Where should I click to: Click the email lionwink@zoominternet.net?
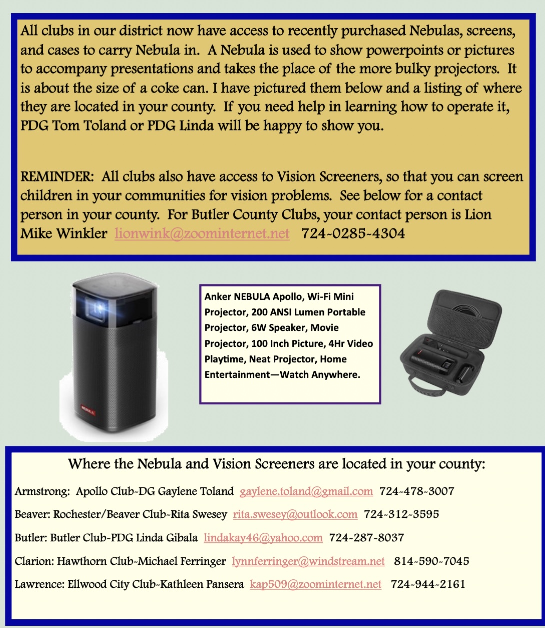[202, 233]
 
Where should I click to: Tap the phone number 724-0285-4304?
[353, 233]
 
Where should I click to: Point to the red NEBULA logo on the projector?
[88, 406]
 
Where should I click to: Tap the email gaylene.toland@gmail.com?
[306, 491]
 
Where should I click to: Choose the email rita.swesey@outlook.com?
[295, 514]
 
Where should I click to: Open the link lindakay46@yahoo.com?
[263, 538]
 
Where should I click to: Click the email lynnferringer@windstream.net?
[308, 561]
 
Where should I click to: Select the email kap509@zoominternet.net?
[315, 584]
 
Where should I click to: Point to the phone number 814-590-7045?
[431, 561]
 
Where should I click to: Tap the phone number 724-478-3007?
[417, 491]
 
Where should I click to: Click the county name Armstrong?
[42, 491]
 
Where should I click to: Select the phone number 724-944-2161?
[428, 584]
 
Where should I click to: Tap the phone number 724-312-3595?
[401, 514]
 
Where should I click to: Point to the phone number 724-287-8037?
[366, 538]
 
